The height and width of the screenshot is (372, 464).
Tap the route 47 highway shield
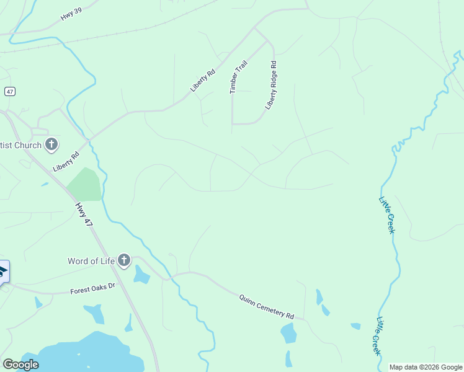(x=9, y=91)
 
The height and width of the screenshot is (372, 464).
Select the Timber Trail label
(x=234, y=77)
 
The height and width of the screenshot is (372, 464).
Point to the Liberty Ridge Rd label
(x=271, y=86)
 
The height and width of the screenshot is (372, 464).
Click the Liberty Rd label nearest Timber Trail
(x=203, y=80)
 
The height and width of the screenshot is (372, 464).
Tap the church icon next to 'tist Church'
(x=51, y=145)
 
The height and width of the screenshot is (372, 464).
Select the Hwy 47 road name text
(x=84, y=217)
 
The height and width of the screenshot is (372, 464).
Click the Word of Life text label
(x=91, y=260)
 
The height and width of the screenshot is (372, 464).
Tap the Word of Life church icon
(x=124, y=260)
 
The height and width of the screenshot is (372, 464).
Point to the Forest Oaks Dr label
(x=93, y=288)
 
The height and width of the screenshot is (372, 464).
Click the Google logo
(x=20, y=365)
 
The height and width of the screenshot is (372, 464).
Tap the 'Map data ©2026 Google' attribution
(x=425, y=367)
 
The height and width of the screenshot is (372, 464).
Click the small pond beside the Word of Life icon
(x=141, y=274)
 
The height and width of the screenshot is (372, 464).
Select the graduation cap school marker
(x=2, y=271)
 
